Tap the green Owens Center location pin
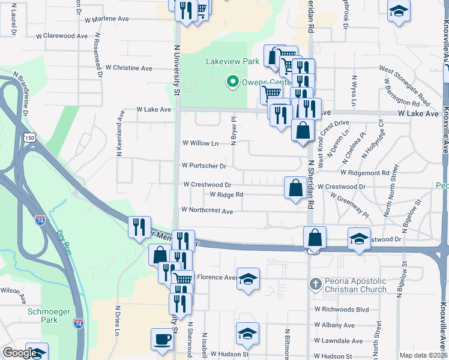pos(231,82)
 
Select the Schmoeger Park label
pos(50,311)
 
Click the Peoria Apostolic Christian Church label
pos(357,286)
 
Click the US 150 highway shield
pos(30,138)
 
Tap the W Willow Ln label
pos(200,143)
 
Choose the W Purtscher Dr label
pos(204,166)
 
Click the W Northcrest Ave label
pos(206,211)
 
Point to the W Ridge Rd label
pos(226,194)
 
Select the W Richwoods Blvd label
pos(341,310)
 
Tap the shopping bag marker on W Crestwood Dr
pos(295,187)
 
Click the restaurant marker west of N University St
pos(139,227)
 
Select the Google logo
pos(20,353)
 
